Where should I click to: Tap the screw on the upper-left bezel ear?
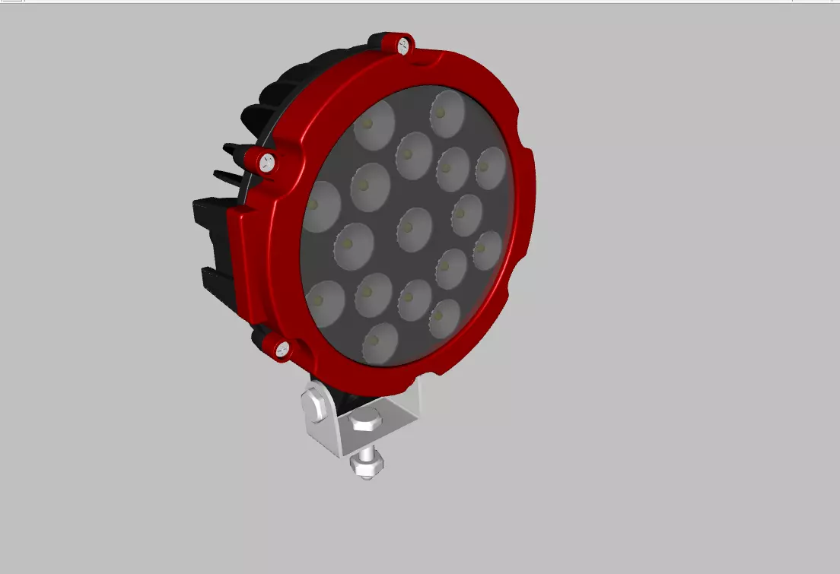267,160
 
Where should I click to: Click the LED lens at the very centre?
415,228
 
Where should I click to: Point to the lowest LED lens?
380,343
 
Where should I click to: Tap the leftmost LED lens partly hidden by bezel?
320,207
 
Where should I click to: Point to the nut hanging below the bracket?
365,467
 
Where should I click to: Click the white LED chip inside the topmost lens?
441,113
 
